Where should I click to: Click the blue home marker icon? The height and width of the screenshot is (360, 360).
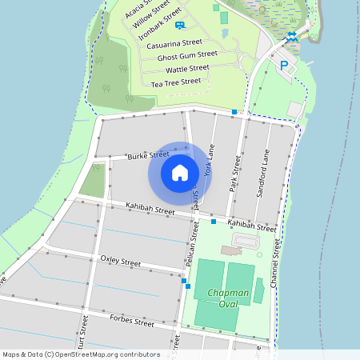coord(180,173)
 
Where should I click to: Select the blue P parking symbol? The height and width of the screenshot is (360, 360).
coord(283,65)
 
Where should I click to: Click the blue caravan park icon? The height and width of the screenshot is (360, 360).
coord(180,26)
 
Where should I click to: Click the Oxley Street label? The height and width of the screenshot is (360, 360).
coord(120,262)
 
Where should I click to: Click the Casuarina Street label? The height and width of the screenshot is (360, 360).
coord(174,44)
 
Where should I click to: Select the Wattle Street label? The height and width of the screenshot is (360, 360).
coord(187,70)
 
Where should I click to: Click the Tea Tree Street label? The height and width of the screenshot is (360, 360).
coord(176,82)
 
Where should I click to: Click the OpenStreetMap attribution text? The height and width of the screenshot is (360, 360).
coord(81,354)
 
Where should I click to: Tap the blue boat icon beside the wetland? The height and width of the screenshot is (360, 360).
coord(292,35)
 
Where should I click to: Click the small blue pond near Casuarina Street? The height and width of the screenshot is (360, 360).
coord(225,34)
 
